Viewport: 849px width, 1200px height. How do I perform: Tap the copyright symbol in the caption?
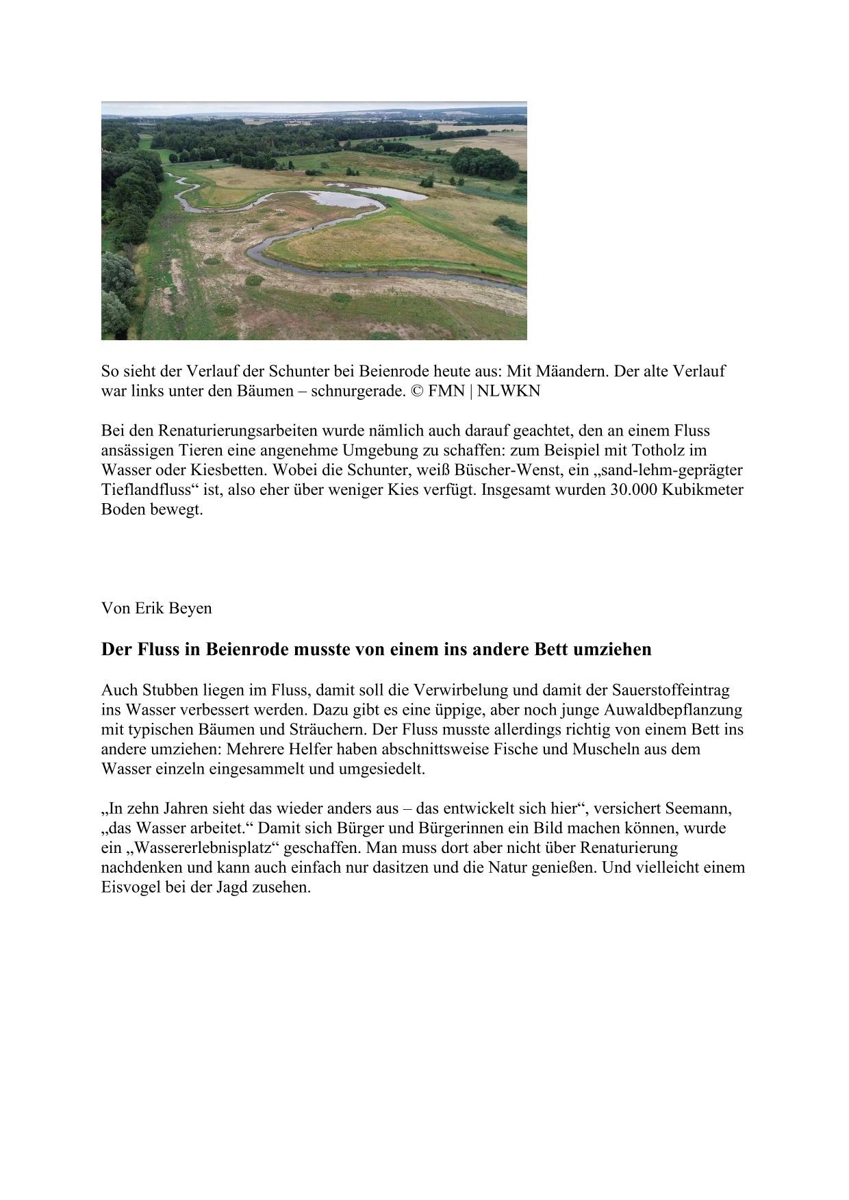(x=417, y=392)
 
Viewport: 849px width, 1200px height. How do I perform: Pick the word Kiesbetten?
(x=229, y=471)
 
